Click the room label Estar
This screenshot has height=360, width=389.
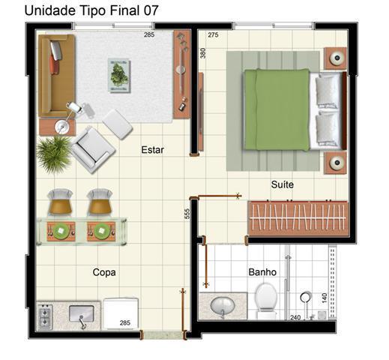pyautogui.click(x=153, y=150)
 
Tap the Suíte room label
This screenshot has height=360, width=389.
pyautogui.click(x=283, y=184)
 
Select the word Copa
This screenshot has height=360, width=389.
pyautogui.click(x=104, y=272)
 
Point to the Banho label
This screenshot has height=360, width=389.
pyautogui.click(x=262, y=272)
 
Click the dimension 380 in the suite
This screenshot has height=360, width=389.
pyautogui.click(x=203, y=53)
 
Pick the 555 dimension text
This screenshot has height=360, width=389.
pyautogui.click(x=187, y=214)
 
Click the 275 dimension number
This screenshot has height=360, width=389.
pyautogui.click(x=213, y=34)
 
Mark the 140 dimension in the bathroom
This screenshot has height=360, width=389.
pyautogui.click(x=325, y=298)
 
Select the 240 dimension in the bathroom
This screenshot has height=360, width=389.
pyautogui.click(x=295, y=317)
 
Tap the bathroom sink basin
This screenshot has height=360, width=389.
pyautogui.click(x=223, y=306)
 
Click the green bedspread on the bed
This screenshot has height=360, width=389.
pyautogui.click(x=277, y=109)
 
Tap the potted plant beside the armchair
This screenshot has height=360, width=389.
pyautogui.click(x=54, y=153)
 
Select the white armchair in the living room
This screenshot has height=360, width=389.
pyautogui.click(x=93, y=149)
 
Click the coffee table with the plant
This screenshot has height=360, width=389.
pyautogui.click(x=119, y=76)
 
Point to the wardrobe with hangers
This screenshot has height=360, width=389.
pyautogui.click(x=298, y=218)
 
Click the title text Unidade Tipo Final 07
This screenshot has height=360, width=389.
pyautogui.click(x=91, y=10)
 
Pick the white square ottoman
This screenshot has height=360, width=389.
pyautogui.click(x=118, y=124)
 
